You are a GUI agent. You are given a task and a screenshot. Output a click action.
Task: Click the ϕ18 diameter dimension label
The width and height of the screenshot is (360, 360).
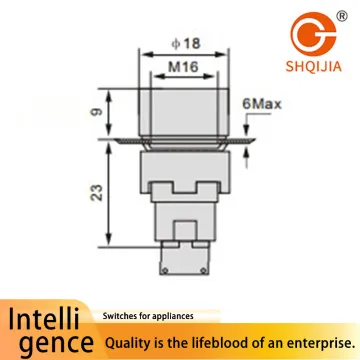point(186,44)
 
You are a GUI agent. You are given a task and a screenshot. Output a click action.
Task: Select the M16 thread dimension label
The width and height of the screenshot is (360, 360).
point(183,67)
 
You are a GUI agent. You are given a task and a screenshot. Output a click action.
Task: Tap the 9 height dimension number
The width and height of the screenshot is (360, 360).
point(97,112)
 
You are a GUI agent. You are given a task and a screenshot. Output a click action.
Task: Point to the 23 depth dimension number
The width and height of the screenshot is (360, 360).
point(97,192)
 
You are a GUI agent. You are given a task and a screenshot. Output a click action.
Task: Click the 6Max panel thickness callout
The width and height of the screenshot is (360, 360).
point(262,104)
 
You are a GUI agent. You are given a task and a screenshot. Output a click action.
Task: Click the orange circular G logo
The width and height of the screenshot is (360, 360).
point(313,34)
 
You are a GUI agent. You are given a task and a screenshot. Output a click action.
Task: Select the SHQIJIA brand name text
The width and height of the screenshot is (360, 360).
point(313,66)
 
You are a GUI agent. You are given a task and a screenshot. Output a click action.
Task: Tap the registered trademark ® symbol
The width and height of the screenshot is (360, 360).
point(342,16)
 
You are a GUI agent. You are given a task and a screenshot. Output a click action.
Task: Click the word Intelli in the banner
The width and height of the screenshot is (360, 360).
point(44,319)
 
